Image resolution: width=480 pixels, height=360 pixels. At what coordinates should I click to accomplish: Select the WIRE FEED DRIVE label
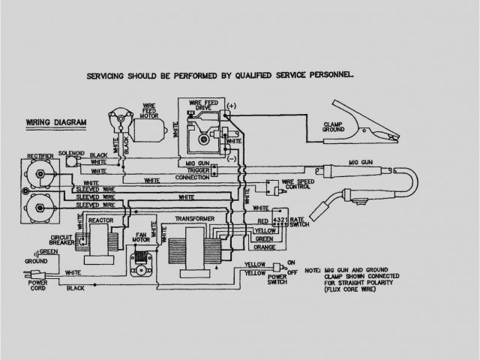point(201,108)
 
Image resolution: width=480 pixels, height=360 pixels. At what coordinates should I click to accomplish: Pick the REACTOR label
point(100,221)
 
